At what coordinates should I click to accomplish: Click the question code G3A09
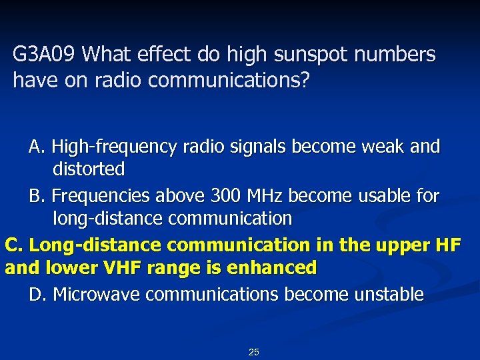[x=45, y=55]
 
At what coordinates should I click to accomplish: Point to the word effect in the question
[x=175, y=55]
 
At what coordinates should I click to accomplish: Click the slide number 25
[x=253, y=351]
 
